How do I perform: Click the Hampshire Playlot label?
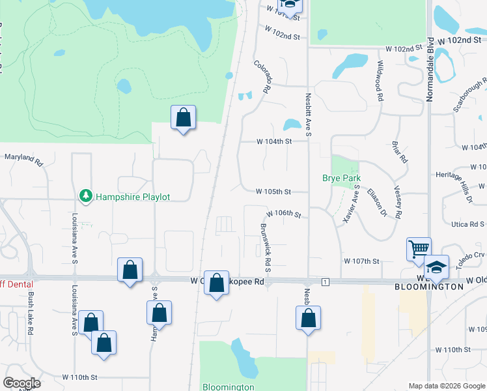(133, 196)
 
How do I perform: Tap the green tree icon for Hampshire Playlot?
(85, 195)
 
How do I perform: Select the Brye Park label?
(342, 178)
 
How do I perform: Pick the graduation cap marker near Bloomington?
(436, 267)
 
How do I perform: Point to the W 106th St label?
(284, 214)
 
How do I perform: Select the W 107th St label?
(361, 261)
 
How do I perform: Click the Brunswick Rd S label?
(265, 248)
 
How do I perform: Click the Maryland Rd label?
(23, 157)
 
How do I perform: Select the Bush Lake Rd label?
(30, 313)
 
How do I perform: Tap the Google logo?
(21, 383)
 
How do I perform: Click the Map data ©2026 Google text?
(445, 386)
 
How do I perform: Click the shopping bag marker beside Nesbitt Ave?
(309, 319)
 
